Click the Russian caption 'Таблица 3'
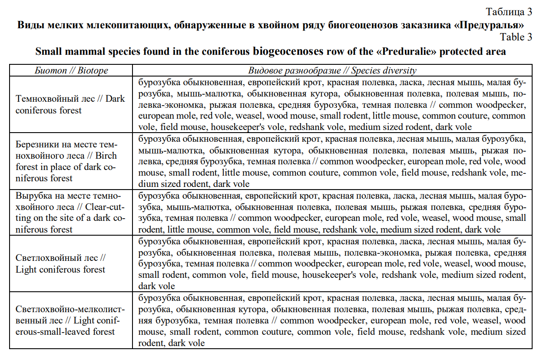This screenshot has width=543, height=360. click(x=509, y=11)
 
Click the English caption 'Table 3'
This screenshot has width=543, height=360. click(x=516, y=37)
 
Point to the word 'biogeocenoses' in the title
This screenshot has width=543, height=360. click(x=287, y=51)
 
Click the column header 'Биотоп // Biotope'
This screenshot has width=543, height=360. click(x=71, y=70)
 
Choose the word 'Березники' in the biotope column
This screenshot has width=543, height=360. click(x=35, y=144)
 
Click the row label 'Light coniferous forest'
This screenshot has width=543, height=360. click(x=60, y=270)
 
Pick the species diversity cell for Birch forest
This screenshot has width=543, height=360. click(x=332, y=161)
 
